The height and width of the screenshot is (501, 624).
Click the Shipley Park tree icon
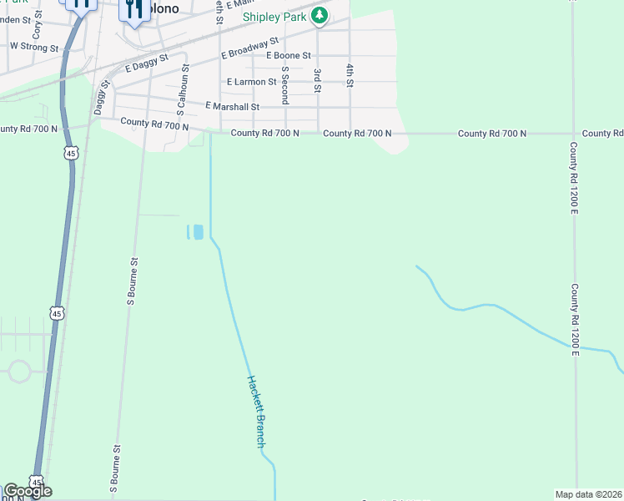(x=319, y=16)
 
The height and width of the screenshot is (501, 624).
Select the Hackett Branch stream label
(x=255, y=412)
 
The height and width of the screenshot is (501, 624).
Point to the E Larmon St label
(x=252, y=82)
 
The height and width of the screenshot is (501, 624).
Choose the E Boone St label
(x=288, y=55)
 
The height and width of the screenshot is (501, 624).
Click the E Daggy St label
(x=147, y=63)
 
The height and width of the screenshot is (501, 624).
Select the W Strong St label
(x=34, y=47)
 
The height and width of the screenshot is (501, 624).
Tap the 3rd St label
(x=317, y=80)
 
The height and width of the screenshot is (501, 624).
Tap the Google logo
(x=28, y=491)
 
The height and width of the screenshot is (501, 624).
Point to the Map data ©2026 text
(x=589, y=494)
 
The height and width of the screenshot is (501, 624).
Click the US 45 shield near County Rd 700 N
(x=71, y=154)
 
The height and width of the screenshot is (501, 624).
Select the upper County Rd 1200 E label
(x=574, y=177)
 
